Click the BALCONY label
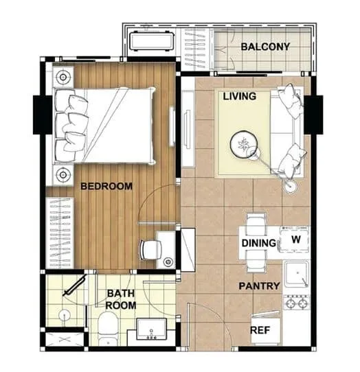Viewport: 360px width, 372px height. [x=265, y=47]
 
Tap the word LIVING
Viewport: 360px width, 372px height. [x=239, y=96]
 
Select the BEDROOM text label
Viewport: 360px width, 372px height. [x=106, y=186]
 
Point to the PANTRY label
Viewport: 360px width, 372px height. [x=259, y=286]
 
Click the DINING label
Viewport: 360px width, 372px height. [x=259, y=243]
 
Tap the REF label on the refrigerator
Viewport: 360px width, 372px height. [x=260, y=330]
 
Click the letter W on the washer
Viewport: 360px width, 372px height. [x=296, y=240]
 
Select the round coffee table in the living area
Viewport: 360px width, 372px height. [x=244, y=144]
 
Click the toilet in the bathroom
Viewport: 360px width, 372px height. [x=108, y=328]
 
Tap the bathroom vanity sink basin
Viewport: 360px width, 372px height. [x=152, y=329]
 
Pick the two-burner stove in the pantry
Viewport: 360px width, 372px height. [x=297, y=303]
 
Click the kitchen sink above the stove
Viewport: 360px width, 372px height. [x=297, y=274]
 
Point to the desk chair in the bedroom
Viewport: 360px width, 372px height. [x=150, y=250]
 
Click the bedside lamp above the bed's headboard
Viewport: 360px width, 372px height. [x=63, y=77]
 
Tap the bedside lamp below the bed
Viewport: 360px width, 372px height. [x=63, y=175]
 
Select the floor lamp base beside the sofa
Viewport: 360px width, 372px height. [x=291, y=186]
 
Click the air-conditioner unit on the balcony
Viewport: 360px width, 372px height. [x=152, y=40]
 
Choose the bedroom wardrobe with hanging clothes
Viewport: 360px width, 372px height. [x=60, y=233]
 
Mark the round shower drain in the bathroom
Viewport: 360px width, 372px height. [x=64, y=316]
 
